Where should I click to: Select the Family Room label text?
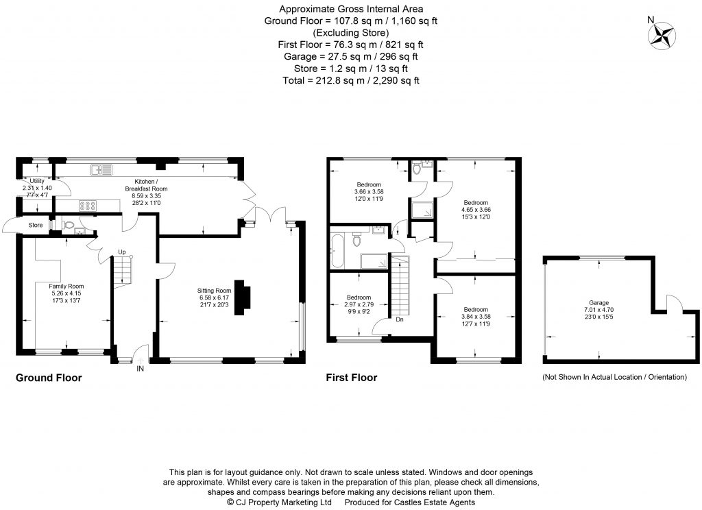[x=66, y=286]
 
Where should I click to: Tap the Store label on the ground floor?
[x=35, y=224]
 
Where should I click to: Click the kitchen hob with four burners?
[x=88, y=204]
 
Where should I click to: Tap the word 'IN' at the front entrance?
[x=141, y=369]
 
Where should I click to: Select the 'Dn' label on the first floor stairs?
[x=398, y=319]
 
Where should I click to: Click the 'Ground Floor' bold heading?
[x=49, y=378]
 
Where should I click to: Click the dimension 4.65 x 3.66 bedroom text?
[x=476, y=210]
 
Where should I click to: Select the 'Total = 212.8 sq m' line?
[x=350, y=80]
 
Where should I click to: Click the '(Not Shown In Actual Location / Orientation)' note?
[x=614, y=377]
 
